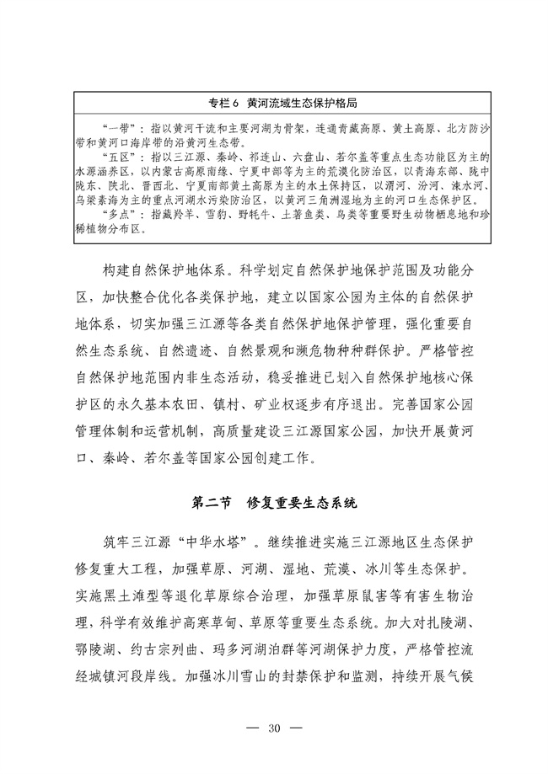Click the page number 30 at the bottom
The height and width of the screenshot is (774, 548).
273,728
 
